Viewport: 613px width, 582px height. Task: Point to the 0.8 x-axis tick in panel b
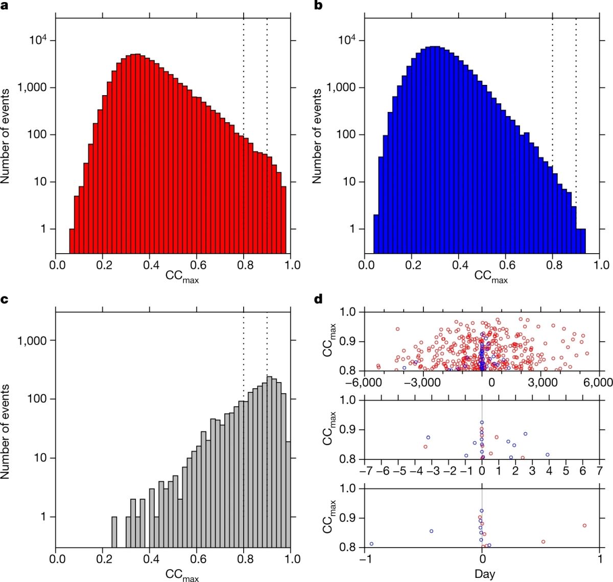tap(552, 265)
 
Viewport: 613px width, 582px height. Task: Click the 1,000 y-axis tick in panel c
tap(33, 341)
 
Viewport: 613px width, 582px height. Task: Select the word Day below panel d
tap(484, 574)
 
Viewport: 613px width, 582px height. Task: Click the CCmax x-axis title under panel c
tap(182, 575)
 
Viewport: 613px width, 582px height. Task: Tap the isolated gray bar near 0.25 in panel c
tap(114, 532)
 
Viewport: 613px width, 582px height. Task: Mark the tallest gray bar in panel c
tap(269, 460)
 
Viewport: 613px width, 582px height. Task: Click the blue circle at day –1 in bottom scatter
tap(371, 544)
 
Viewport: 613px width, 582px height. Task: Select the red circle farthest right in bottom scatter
tap(584, 525)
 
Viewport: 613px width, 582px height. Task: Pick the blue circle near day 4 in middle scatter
tap(547, 454)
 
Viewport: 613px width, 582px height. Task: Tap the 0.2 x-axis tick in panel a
tap(103, 265)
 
